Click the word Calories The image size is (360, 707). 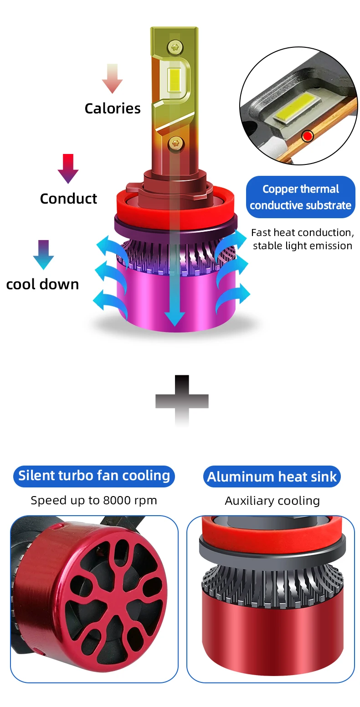click(x=113, y=108)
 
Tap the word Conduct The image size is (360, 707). click(x=68, y=199)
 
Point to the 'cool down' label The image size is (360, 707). click(x=42, y=284)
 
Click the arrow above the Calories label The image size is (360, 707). click(x=112, y=78)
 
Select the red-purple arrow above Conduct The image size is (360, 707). click(x=68, y=169)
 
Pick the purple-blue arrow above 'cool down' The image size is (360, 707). click(x=43, y=254)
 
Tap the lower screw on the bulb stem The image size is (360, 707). click(x=175, y=143)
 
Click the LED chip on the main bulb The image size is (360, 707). click(x=174, y=80)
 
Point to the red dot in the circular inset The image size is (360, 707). click(x=308, y=136)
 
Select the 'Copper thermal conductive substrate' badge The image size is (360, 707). click(x=301, y=197)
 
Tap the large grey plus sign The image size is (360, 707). click(x=182, y=400)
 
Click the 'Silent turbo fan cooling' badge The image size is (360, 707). click(x=94, y=476)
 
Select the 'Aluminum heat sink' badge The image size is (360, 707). click(x=272, y=477)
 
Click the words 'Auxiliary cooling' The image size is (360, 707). click(x=272, y=501)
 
